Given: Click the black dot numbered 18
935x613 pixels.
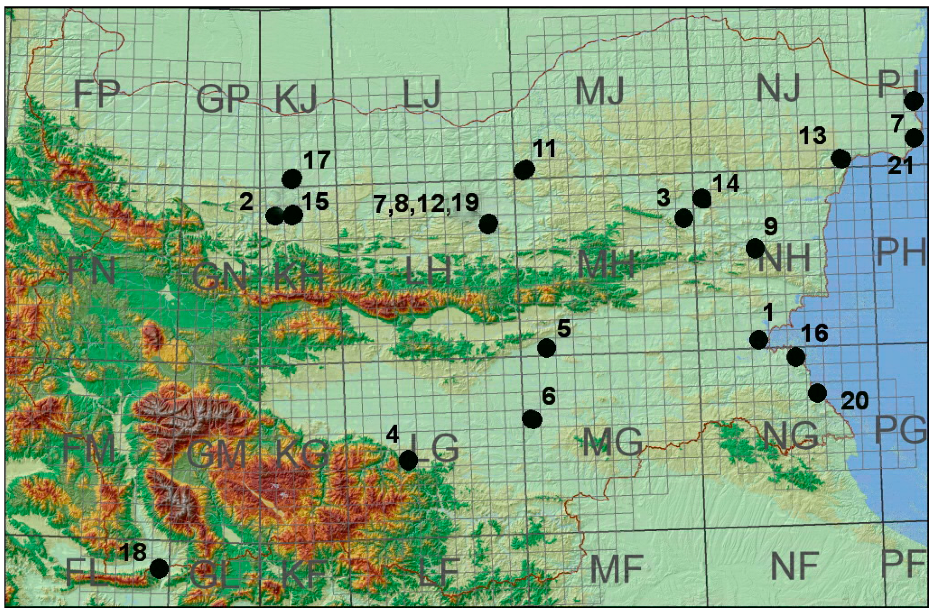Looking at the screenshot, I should click(x=159, y=569).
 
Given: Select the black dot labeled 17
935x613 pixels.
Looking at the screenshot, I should click(x=292, y=179).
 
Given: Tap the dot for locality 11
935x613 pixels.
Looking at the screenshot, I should click(x=524, y=170).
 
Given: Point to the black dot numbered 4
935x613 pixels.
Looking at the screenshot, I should click(x=408, y=460).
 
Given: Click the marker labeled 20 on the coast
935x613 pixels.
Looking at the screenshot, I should click(x=817, y=393).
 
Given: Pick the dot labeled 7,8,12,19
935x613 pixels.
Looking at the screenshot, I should click(x=488, y=224).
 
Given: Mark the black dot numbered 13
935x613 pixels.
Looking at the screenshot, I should click(x=841, y=158).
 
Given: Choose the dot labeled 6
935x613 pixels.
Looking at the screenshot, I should click(x=532, y=419).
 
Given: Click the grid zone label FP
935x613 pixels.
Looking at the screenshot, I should click(x=97, y=94).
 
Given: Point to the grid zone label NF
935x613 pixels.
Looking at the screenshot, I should click(x=794, y=566).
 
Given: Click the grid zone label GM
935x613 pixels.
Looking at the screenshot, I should click(x=216, y=454).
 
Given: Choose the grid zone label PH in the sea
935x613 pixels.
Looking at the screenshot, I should click(x=901, y=252).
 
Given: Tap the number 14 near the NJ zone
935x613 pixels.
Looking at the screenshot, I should click(x=726, y=183).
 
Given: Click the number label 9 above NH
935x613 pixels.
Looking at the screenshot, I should click(x=771, y=227).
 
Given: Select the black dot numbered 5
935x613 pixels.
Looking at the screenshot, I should click(x=546, y=348).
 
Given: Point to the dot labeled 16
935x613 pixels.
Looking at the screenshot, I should click(x=795, y=357).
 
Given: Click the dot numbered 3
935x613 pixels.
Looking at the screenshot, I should click(x=683, y=218).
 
